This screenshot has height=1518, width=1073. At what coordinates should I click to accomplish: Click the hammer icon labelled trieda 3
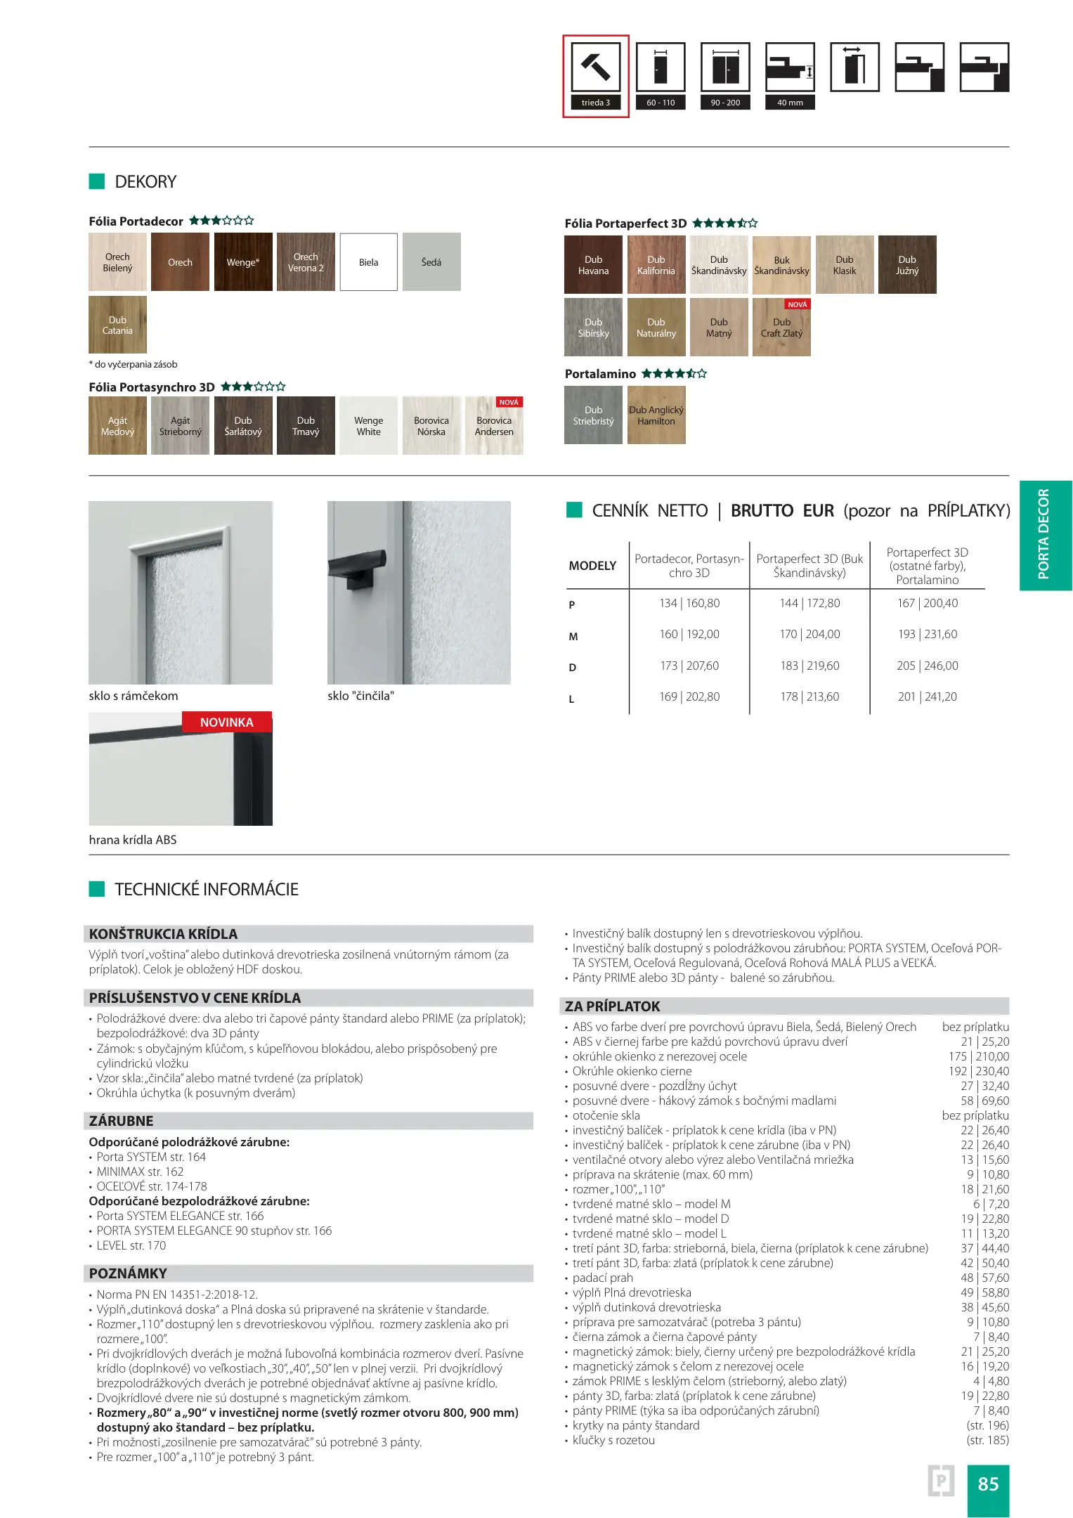click(595, 68)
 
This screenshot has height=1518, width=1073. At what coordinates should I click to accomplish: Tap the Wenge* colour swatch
click(243, 262)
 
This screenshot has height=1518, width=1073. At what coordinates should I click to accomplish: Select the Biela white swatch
click(368, 262)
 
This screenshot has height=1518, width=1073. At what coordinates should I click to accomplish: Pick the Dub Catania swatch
click(117, 325)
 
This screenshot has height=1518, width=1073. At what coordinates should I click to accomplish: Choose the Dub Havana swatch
click(593, 265)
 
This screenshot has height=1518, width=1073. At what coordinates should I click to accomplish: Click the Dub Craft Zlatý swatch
click(781, 328)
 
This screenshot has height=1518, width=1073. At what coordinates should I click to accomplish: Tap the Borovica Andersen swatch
click(494, 426)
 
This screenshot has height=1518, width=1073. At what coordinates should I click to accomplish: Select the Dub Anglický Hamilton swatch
click(656, 415)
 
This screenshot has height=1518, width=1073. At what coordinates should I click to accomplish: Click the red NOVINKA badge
click(226, 722)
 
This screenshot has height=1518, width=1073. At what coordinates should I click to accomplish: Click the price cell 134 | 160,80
click(689, 603)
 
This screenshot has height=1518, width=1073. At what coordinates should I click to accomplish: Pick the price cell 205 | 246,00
click(927, 666)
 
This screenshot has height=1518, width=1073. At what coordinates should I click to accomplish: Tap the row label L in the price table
click(571, 699)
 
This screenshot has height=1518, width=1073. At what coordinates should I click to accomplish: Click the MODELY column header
click(592, 566)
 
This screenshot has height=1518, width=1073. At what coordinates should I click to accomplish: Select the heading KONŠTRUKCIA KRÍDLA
click(163, 934)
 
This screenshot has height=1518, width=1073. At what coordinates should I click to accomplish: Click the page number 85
click(988, 1484)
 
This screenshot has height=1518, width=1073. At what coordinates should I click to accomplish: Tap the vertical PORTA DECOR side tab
click(1044, 535)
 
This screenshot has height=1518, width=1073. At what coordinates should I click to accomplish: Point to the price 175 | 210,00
click(978, 1056)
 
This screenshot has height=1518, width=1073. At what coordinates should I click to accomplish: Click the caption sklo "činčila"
click(360, 696)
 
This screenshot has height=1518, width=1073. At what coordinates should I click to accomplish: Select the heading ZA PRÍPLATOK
click(613, 1006)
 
